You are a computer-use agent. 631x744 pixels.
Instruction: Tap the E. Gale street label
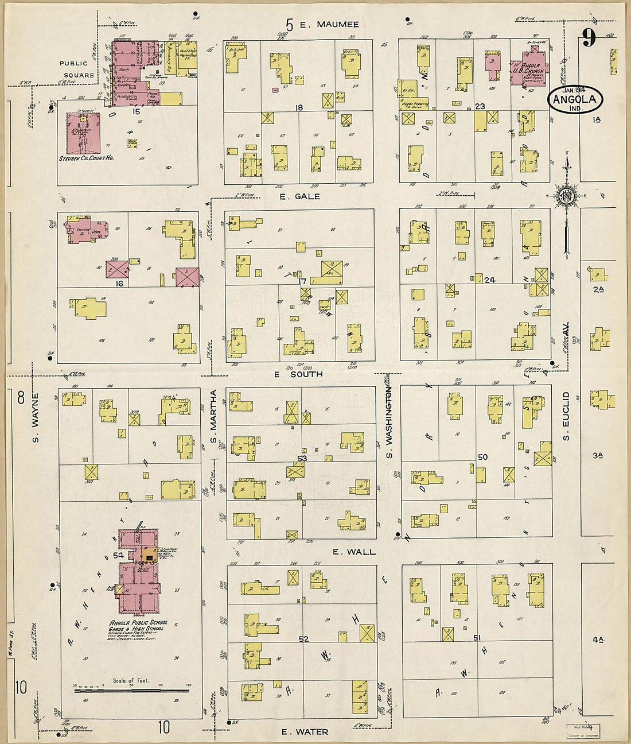coord(299,196)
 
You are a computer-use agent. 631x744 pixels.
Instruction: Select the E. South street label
coord(298,374)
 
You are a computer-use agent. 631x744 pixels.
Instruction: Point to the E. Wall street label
coord(354,552)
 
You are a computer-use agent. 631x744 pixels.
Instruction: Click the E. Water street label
coord(305,732)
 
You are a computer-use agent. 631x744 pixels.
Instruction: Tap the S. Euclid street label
coord(566,416)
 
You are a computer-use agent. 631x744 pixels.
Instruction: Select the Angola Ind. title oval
coord(575,99)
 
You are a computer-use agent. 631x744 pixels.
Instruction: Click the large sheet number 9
coord(589,38)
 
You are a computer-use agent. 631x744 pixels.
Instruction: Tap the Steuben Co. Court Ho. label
coord(87,158)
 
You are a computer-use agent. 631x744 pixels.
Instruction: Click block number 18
coord(298,108)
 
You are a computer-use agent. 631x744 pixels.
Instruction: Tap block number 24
coord(489,280)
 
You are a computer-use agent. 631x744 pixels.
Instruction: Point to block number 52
coord(303,639)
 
